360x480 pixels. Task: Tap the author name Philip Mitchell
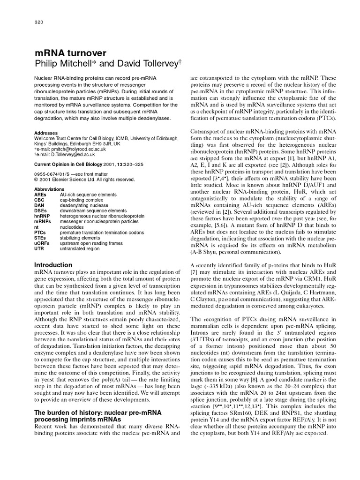pyautogui.click(x=64, y=64)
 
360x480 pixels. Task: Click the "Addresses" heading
pyautogui.click(x=46, y=133)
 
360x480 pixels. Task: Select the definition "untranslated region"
pyautogui.click(x=80, y=249)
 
